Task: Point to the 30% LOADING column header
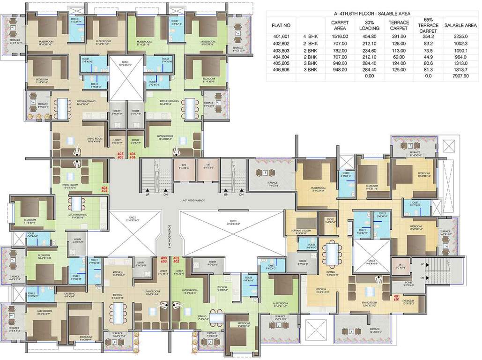tap(369, 25)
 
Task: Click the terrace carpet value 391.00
tap(398, 36)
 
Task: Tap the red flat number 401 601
tap(396, 299)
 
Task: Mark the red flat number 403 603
tap(163, 260)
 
